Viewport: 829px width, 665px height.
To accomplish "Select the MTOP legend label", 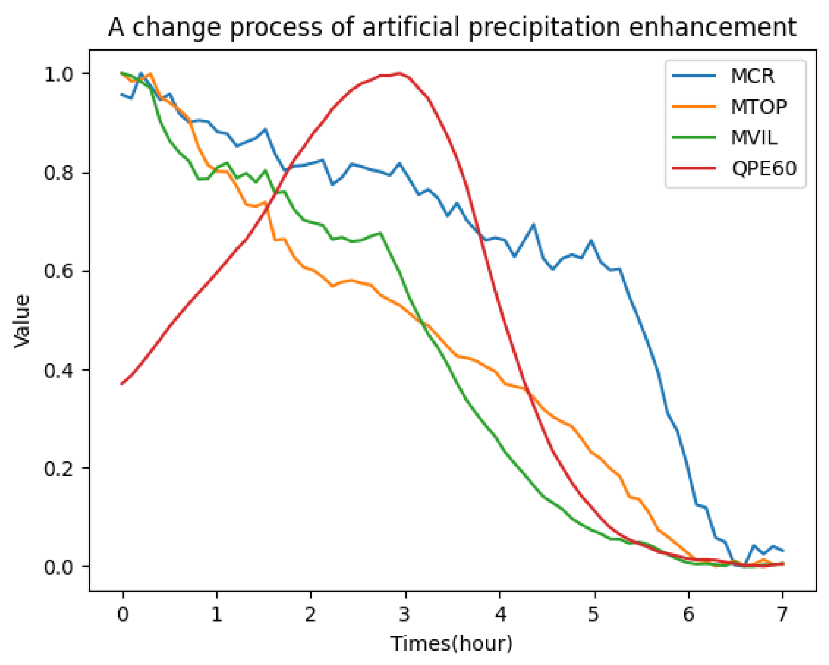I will (758, 107).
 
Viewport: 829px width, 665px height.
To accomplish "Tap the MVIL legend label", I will (753, 138).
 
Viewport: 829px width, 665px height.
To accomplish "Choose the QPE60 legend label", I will (763, 168).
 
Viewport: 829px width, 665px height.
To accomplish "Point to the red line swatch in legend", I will (693, 168).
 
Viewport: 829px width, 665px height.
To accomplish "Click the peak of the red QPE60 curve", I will (399, 73).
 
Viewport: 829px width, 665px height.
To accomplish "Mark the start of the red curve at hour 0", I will (122, 383).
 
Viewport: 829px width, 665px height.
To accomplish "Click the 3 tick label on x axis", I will (405, 614).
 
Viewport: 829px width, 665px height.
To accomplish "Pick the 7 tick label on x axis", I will (782, 614).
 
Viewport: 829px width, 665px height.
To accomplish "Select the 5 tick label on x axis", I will (593, 614).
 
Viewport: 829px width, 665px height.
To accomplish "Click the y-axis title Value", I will (22, 321).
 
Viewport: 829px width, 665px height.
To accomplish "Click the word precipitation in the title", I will (544, 28).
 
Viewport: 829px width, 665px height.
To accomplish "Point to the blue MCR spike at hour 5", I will (591, 240).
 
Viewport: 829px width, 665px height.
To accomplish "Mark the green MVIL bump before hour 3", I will (379, 233).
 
